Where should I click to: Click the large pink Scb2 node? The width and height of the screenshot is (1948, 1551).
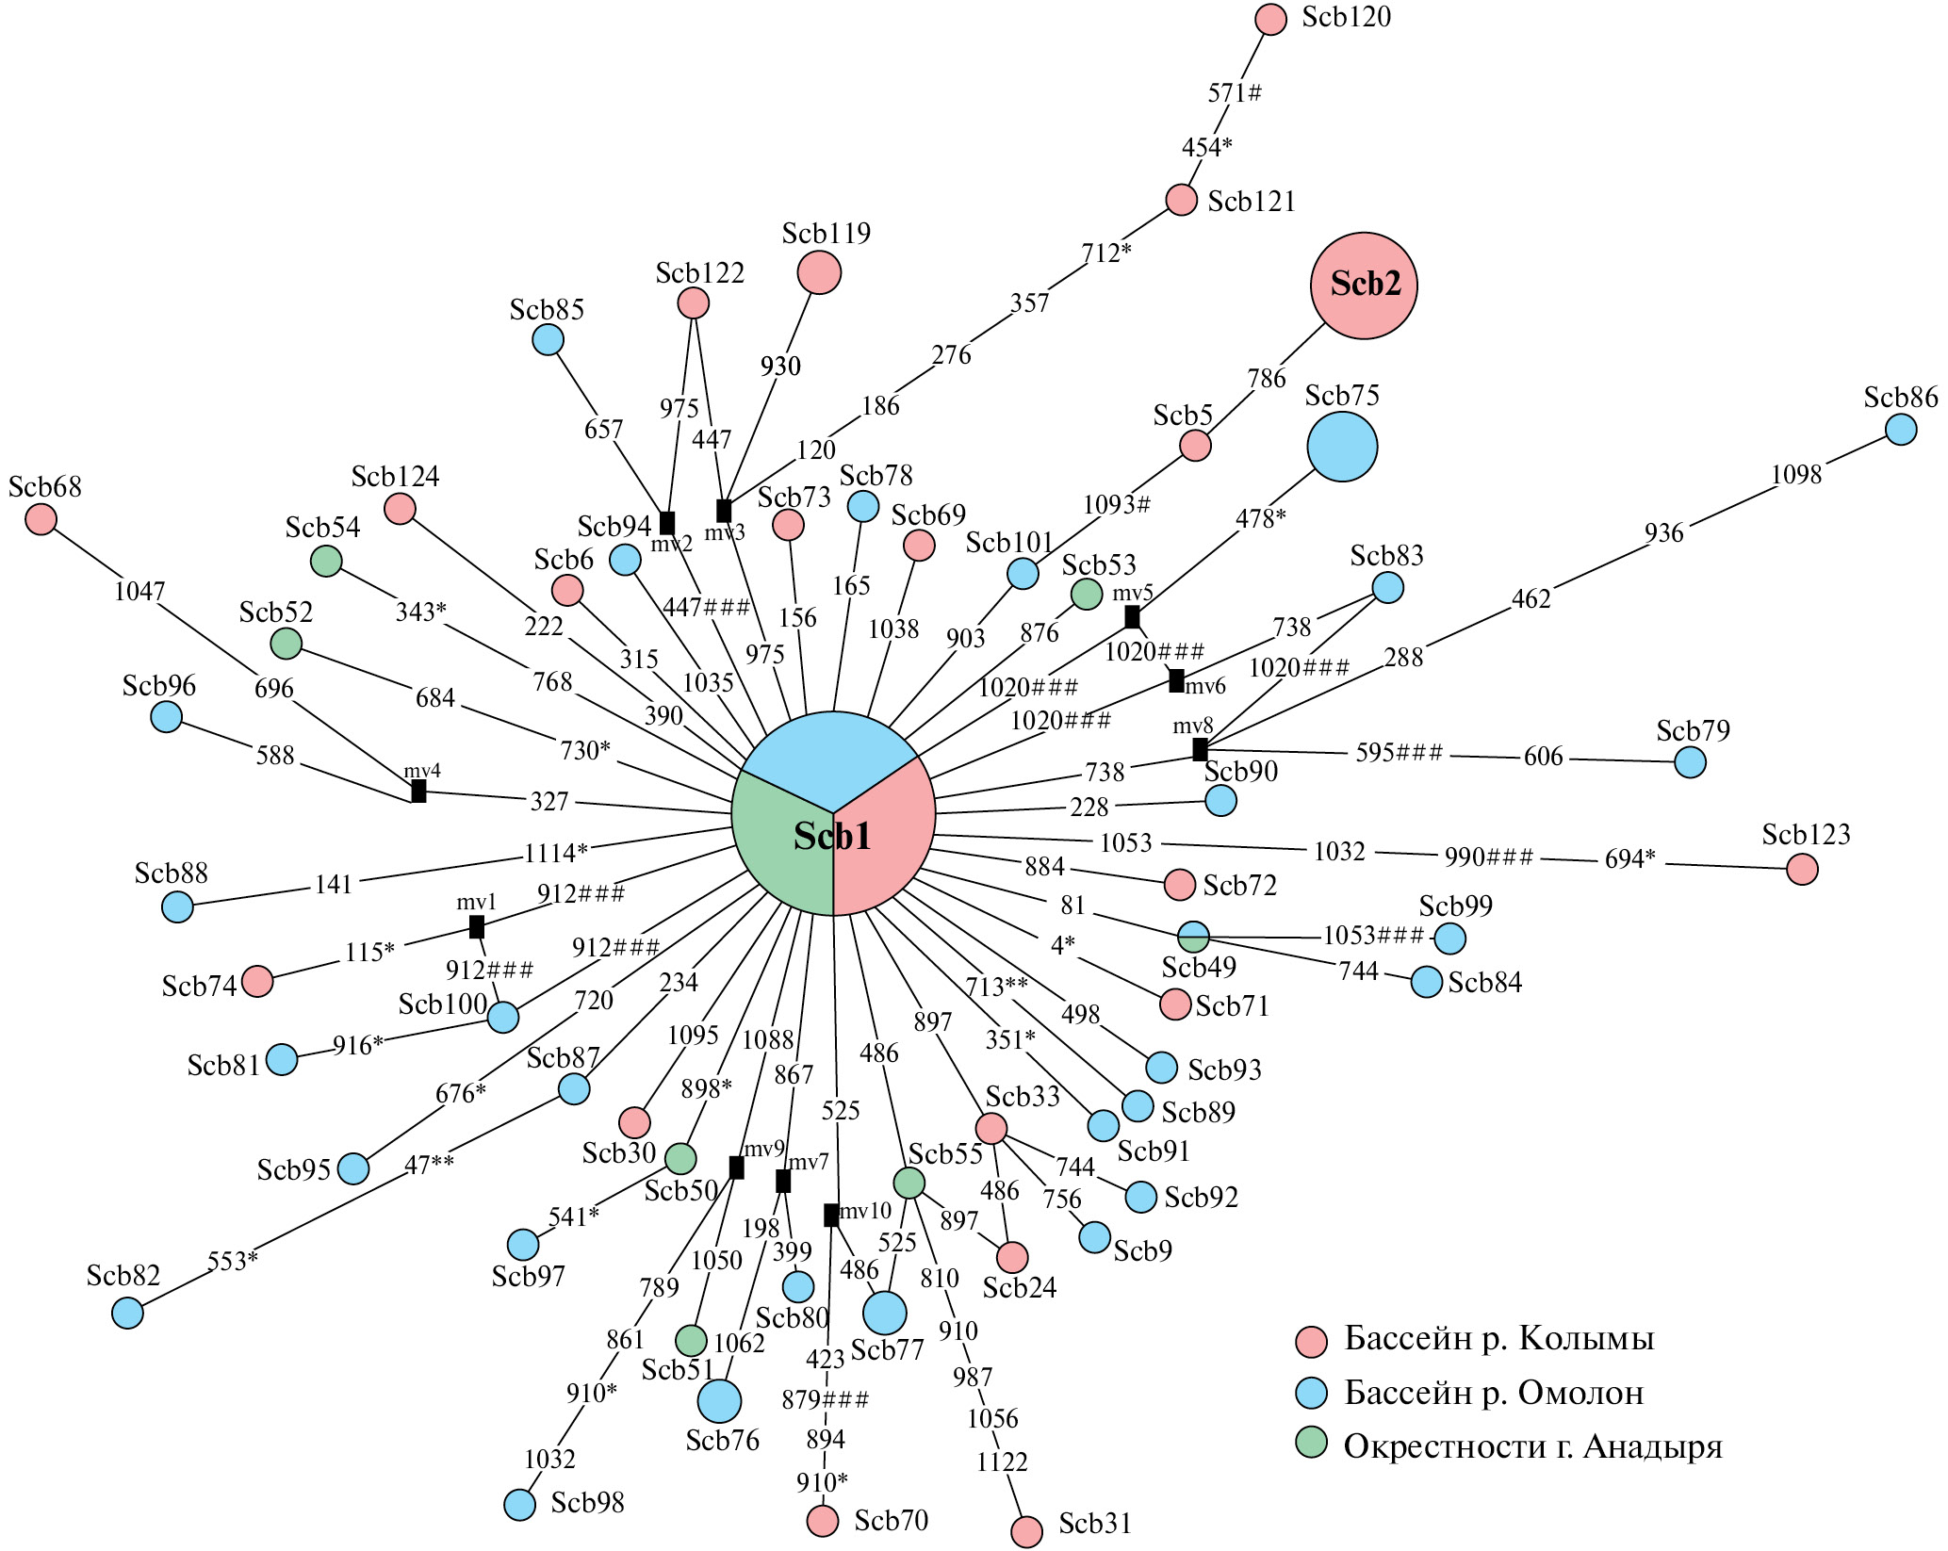[x=1364, y=286]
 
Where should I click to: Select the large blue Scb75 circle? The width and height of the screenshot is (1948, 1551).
[x=1342, y=447]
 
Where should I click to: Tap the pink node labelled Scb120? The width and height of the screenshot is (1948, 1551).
[x=1271, y=20]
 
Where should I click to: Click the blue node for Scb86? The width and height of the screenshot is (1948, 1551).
[x=1901, y=430]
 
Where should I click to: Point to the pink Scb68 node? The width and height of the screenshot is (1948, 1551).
[x=41, y=519]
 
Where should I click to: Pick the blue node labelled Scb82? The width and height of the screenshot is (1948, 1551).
[x=127, y=1313]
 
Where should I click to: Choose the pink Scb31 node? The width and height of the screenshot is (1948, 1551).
[x=1026, y=1531]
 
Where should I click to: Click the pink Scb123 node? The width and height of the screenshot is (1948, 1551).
[x=1802, y=869]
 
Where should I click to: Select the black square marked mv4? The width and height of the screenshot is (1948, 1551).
[x=418, y=792]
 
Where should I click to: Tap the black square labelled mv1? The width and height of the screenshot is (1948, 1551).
[x=477, y=927]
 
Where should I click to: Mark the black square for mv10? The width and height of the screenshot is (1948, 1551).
[x=830, y=1216]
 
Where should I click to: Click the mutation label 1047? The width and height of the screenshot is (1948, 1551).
[x=139, y=592]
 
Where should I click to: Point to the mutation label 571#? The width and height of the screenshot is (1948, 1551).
[x=1235, y=92]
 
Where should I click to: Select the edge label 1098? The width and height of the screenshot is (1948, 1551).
[x=1796, y=475]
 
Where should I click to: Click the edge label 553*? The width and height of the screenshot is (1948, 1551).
[x=232, y=1261]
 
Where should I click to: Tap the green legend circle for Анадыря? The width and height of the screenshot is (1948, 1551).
[x=1311, y=1443]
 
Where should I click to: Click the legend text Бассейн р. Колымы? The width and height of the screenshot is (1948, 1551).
[x=1498, y=1339]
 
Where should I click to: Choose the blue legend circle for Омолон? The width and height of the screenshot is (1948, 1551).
[x=1311, y=1392]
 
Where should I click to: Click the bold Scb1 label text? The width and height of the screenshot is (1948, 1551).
[x=832, y=836]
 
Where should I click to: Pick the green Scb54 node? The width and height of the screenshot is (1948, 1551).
[x=326, y=562]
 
